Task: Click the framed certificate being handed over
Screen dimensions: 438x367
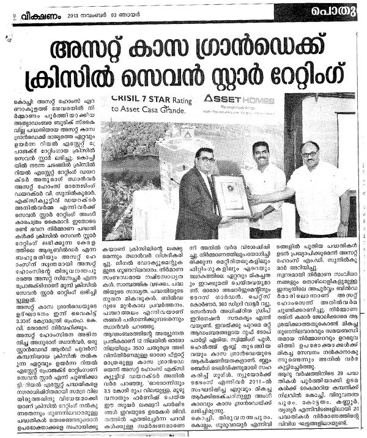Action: click(232, 196)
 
